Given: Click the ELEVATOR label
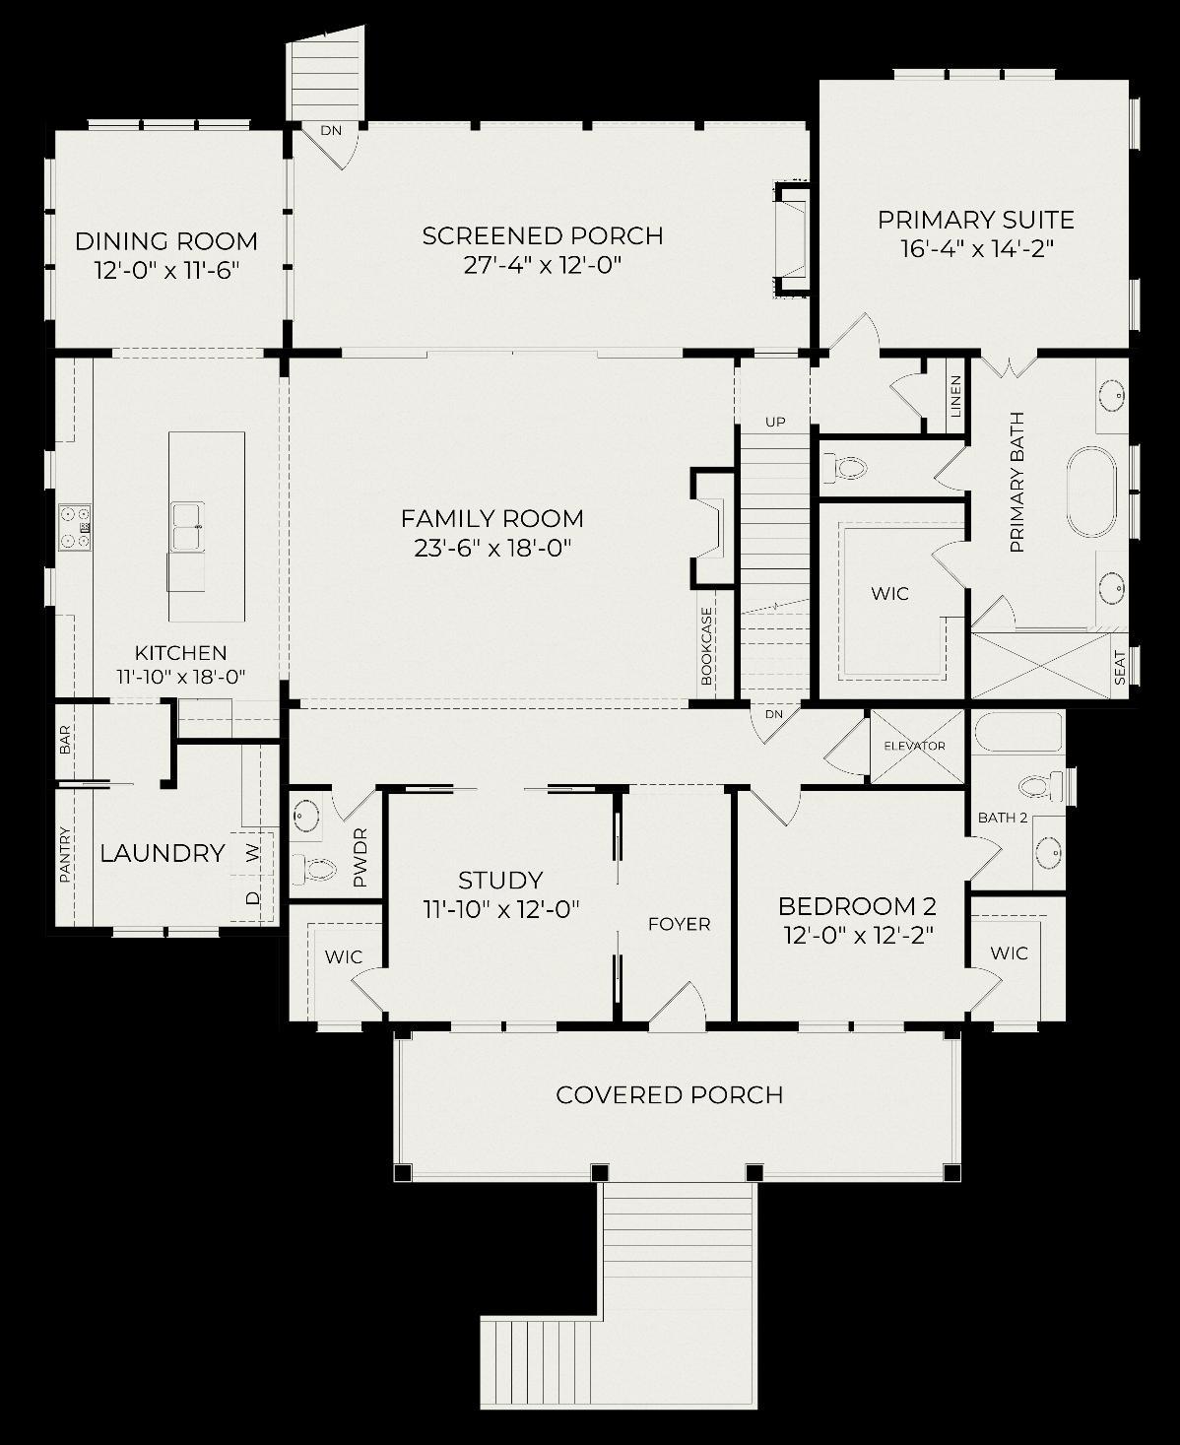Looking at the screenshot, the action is (x=914, y=746).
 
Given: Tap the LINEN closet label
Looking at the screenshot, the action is (x=956, y=396).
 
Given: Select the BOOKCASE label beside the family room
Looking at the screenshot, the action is (x=706, y=646).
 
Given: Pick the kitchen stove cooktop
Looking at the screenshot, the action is (x=75, y=527).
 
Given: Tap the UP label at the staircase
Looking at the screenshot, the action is (x=775, y=422).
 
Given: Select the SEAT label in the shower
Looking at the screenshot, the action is (x=1120, y=668).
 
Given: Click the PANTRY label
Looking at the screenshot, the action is (x=65, y=854).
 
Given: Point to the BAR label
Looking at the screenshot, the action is (x=65, y=740).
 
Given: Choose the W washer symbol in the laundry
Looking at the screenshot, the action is (x=253, y=853).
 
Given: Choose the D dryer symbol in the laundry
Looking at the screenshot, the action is (x=253, y=897).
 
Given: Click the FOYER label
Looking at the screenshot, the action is (x=679, y=924).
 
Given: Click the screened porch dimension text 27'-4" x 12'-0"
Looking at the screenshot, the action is (x=542, y=264).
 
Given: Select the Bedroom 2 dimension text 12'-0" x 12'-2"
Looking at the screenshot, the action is (x=859, y=935).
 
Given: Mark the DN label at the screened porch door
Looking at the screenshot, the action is (x=331, y=130).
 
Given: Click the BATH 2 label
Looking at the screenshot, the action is (x=1003, y=818).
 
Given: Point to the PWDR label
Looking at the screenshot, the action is (x=361, y=858).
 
